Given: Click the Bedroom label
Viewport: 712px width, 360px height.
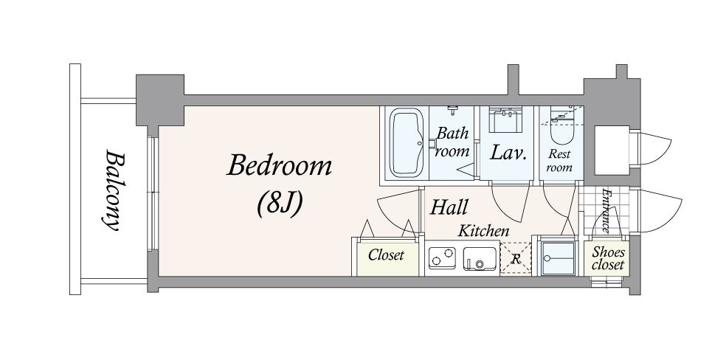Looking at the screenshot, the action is tap(279, 166).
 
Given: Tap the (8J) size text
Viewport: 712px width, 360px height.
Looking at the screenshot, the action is tap(279, 204).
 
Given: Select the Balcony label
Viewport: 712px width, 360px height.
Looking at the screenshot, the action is tap(113, 190).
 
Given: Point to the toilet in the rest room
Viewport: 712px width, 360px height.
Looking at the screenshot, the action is tap(561, 131).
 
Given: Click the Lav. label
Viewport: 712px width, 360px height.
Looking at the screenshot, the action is tap(508, 153).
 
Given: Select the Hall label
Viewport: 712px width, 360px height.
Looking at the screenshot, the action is tap(449, 207).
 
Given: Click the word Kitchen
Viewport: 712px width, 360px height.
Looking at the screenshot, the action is tap(483, 231).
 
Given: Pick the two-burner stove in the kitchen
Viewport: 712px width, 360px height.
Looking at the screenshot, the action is tap(442, 257).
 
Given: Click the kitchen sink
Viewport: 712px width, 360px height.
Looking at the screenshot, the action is tap(480, 258).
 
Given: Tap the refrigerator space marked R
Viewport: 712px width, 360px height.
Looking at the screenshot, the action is tap(516, 259).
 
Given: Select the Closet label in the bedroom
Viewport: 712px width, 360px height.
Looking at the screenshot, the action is tap(386, 255).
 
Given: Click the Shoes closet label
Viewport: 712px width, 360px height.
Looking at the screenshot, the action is tap(609, 258).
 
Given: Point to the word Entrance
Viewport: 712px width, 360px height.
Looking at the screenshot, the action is tap(606, 210).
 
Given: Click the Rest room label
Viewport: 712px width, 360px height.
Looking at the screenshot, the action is tap(559, 160).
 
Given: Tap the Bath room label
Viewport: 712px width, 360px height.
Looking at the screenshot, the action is tap(452, 142).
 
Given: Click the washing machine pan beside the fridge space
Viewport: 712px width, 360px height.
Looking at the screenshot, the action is tap(558, 258).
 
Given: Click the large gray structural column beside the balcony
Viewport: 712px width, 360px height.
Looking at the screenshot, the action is tap(160, 100).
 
